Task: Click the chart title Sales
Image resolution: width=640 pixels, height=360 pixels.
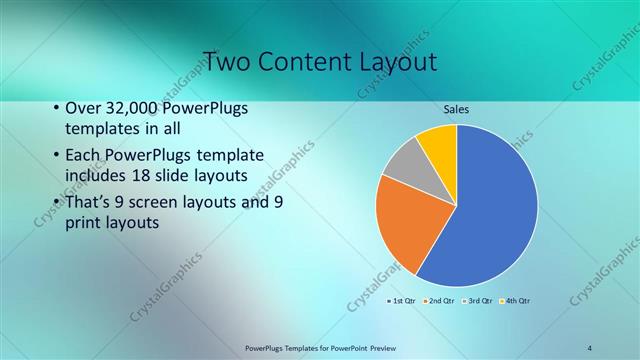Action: point(456,109)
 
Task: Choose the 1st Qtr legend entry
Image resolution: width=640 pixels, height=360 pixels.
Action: point(402,300)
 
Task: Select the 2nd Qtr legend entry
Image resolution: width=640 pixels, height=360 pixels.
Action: point(440,300)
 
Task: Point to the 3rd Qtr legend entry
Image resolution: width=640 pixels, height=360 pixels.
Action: point(478,300)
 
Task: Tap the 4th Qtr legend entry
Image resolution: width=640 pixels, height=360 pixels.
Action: point(515,300)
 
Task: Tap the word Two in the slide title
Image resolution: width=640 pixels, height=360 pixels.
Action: point(227,62)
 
